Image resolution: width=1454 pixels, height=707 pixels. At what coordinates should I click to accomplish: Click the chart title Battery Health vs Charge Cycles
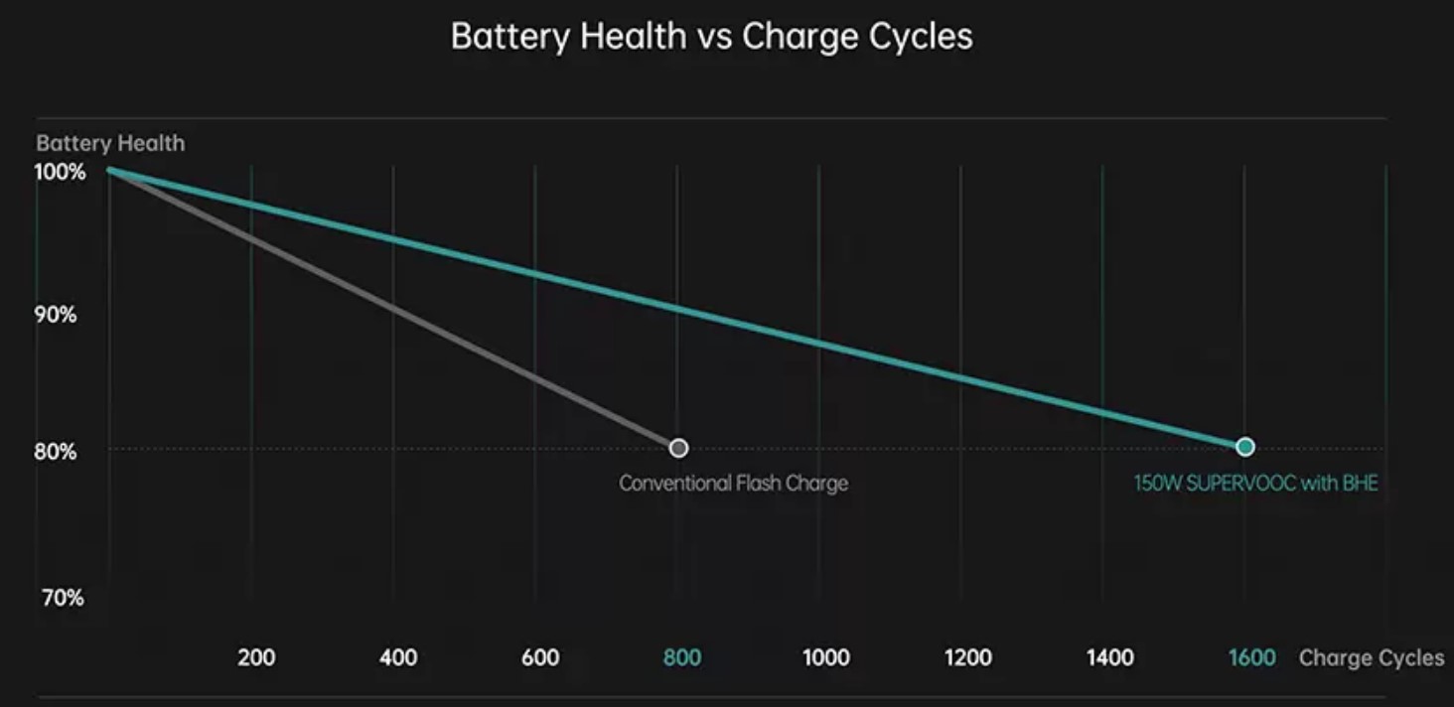711,37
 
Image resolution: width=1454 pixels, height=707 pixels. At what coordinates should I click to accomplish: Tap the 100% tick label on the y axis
61,172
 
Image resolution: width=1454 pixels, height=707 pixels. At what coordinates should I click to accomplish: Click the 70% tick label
63,598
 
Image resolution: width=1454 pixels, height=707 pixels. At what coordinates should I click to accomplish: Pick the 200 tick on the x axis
256,657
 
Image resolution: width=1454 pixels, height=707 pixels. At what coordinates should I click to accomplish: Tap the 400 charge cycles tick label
398,657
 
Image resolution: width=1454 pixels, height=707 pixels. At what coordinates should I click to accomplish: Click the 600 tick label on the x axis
540,657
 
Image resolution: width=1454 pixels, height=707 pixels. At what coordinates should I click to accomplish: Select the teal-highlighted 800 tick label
682,657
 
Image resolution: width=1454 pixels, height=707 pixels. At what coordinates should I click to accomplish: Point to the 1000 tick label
826,657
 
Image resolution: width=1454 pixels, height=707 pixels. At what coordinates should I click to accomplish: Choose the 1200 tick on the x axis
968,657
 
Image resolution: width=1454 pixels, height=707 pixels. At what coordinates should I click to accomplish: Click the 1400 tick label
1109,657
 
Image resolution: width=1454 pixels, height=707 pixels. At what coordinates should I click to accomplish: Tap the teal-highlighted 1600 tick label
1251,657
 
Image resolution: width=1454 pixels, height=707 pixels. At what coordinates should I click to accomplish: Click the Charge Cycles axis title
1372,658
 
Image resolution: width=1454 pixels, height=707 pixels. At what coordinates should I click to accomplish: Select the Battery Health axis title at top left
110,143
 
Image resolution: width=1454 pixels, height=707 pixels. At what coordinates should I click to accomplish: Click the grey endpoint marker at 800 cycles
678,448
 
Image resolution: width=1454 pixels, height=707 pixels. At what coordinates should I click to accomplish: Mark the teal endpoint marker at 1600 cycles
1245,447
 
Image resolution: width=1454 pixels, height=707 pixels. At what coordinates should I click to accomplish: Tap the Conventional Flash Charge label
733,484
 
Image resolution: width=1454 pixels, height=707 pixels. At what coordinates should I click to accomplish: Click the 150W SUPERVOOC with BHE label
1255,484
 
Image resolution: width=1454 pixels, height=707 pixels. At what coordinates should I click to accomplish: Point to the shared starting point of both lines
109,170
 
